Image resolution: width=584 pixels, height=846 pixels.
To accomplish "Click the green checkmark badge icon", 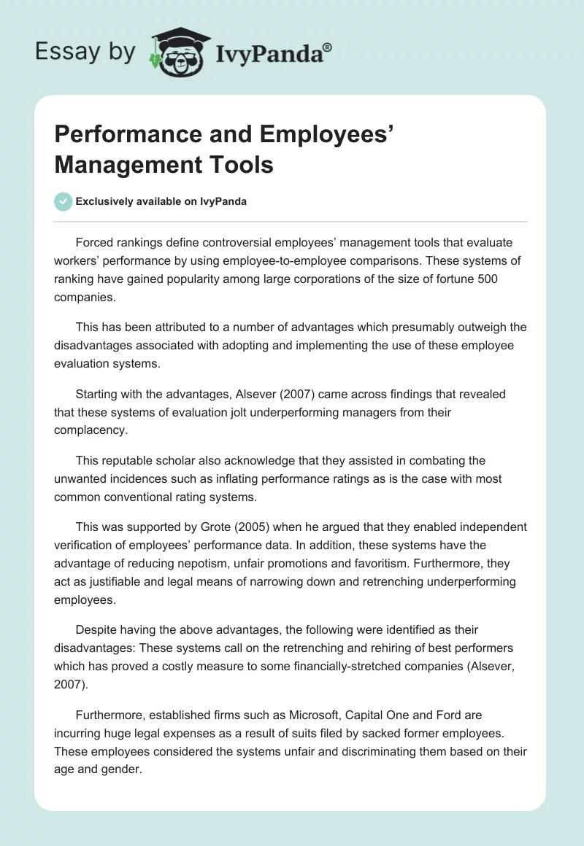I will coord(64,201).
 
